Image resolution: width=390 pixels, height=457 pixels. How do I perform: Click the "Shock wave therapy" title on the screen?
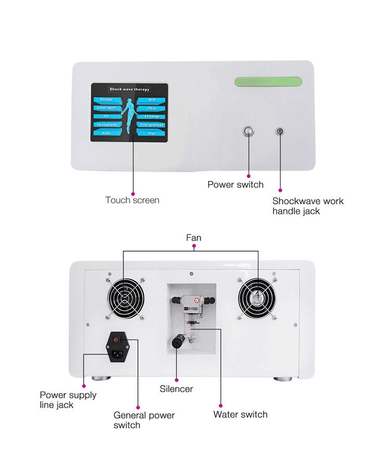(x=129, y=89)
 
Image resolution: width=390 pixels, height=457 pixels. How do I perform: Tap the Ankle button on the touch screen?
(x=108, y=134)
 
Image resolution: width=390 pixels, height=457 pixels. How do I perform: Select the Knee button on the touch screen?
(x=151, y=134)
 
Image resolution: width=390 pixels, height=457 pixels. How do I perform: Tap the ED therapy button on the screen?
(x=151, y=116)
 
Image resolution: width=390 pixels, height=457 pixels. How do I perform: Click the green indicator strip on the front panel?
(x=268, y=81)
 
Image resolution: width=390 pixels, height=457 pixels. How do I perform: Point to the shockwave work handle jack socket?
(x=280, y=132)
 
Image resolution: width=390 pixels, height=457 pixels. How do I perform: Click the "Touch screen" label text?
(x=132, y=200)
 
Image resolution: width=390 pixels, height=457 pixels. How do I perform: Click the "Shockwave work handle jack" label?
(x=308, y=206)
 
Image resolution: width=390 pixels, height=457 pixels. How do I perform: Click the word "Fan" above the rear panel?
(x=193, y=238)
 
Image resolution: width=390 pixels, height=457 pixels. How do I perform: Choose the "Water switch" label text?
(x=240, y=414)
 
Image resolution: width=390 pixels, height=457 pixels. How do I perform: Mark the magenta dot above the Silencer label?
(x=177, y=379)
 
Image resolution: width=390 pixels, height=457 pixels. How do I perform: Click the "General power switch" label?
(x=144, y=420)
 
